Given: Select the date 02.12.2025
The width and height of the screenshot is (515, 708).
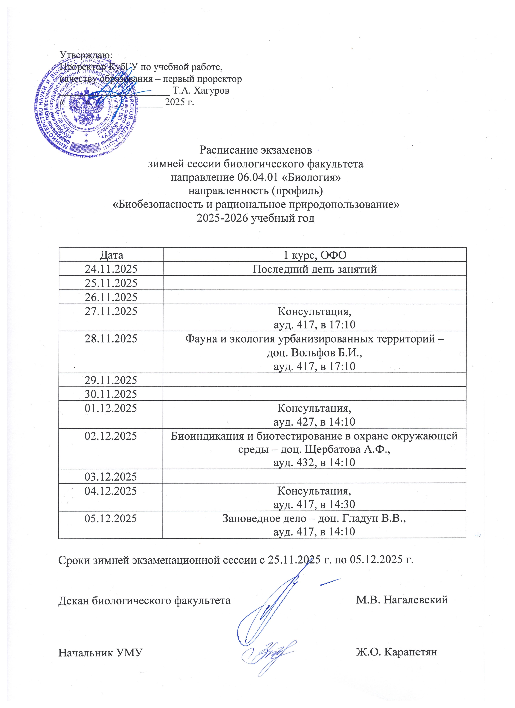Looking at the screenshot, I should coord(111,436).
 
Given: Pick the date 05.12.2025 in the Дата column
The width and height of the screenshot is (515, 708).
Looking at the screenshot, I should coord(111,518).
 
